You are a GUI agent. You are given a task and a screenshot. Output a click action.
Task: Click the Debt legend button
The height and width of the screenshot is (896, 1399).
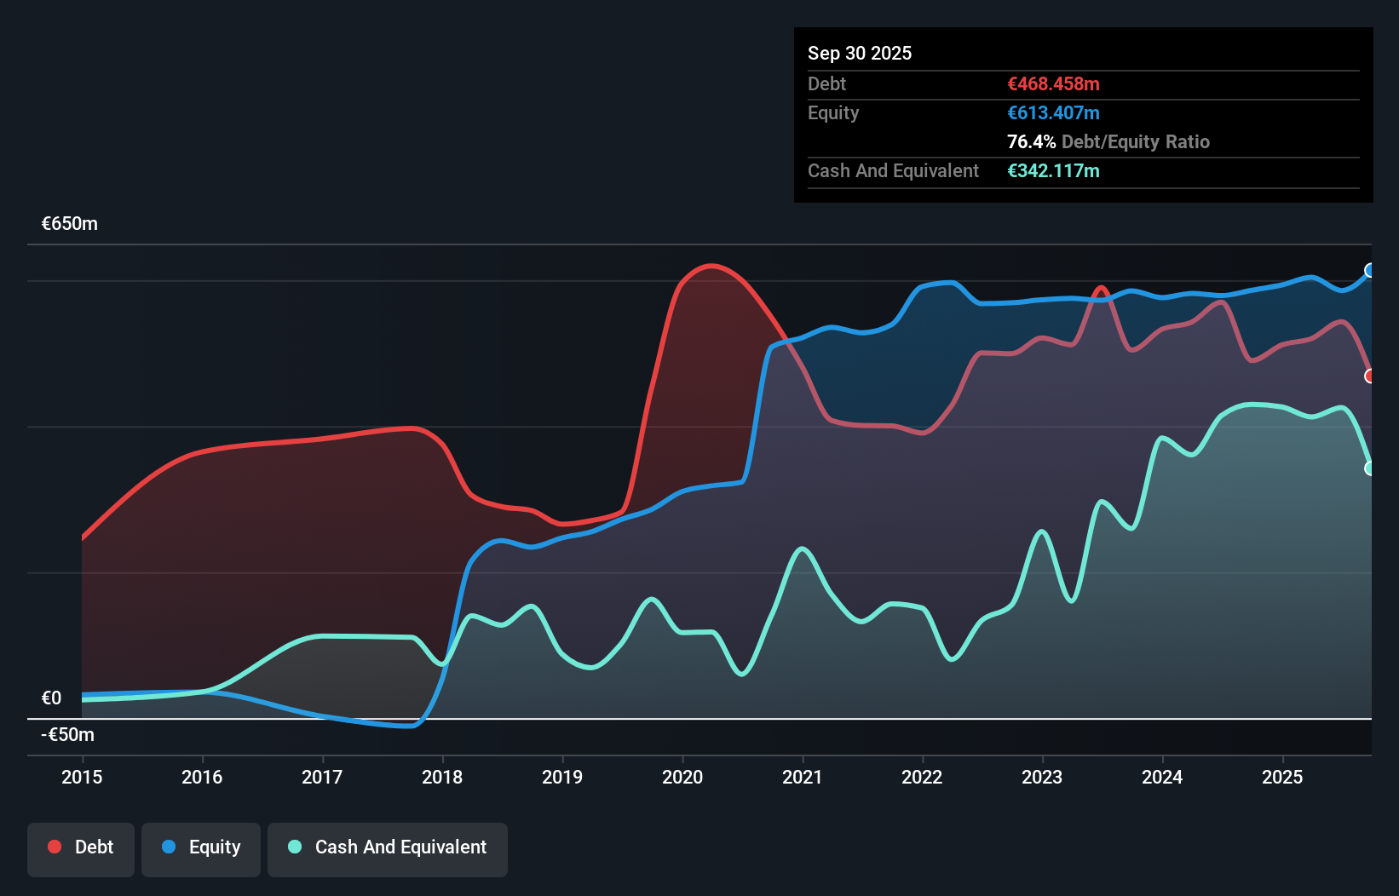(x=81, y=847)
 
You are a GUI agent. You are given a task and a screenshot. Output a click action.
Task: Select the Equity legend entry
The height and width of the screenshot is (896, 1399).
(x=201, y=847)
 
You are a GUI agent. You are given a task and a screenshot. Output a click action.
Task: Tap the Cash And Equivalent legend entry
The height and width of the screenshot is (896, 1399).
(x=388, y=847)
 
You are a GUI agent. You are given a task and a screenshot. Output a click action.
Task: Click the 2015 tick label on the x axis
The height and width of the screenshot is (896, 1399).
(x=82, y=777)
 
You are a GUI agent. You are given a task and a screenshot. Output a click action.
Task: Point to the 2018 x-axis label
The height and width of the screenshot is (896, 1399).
(x=442, y=777)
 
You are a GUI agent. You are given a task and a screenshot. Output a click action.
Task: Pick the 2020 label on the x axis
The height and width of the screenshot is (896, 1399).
(x=682, y=777)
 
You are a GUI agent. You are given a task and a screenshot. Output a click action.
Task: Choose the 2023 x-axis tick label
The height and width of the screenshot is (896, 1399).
(x=1042, y=777)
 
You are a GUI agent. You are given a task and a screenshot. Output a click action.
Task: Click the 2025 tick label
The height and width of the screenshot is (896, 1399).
(x=1282, y=777)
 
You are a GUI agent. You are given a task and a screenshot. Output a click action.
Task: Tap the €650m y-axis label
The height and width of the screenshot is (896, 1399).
(x=70, y=224)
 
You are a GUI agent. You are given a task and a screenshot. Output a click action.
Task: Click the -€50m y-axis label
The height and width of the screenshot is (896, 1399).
(x=68, y=734)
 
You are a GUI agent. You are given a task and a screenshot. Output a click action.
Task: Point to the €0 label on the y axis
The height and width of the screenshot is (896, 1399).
(x=52, y=698)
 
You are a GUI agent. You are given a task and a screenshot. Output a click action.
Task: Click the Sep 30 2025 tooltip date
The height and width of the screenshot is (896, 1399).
(x=860, y=53)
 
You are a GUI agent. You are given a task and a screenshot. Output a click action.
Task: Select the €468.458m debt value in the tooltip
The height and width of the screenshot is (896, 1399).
(x=1053, y=83)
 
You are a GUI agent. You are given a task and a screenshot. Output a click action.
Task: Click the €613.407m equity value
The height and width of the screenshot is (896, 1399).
(x=1053, y=112)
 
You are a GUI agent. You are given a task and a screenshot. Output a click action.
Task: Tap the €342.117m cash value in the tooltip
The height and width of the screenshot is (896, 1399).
(x=1053, y=170)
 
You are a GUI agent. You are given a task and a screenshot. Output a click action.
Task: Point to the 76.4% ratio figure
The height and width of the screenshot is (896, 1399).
(x=1031, y=141)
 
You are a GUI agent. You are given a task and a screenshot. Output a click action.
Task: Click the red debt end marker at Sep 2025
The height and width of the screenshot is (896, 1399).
(x=1369, y=376)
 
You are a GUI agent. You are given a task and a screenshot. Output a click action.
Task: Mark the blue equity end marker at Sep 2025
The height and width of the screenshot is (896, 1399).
(x=1369, y=271)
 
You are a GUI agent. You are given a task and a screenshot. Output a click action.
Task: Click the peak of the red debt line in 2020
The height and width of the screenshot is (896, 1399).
(x=711, y=266)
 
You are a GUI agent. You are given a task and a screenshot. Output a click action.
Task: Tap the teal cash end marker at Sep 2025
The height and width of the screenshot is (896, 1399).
(x=1369, y=468)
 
